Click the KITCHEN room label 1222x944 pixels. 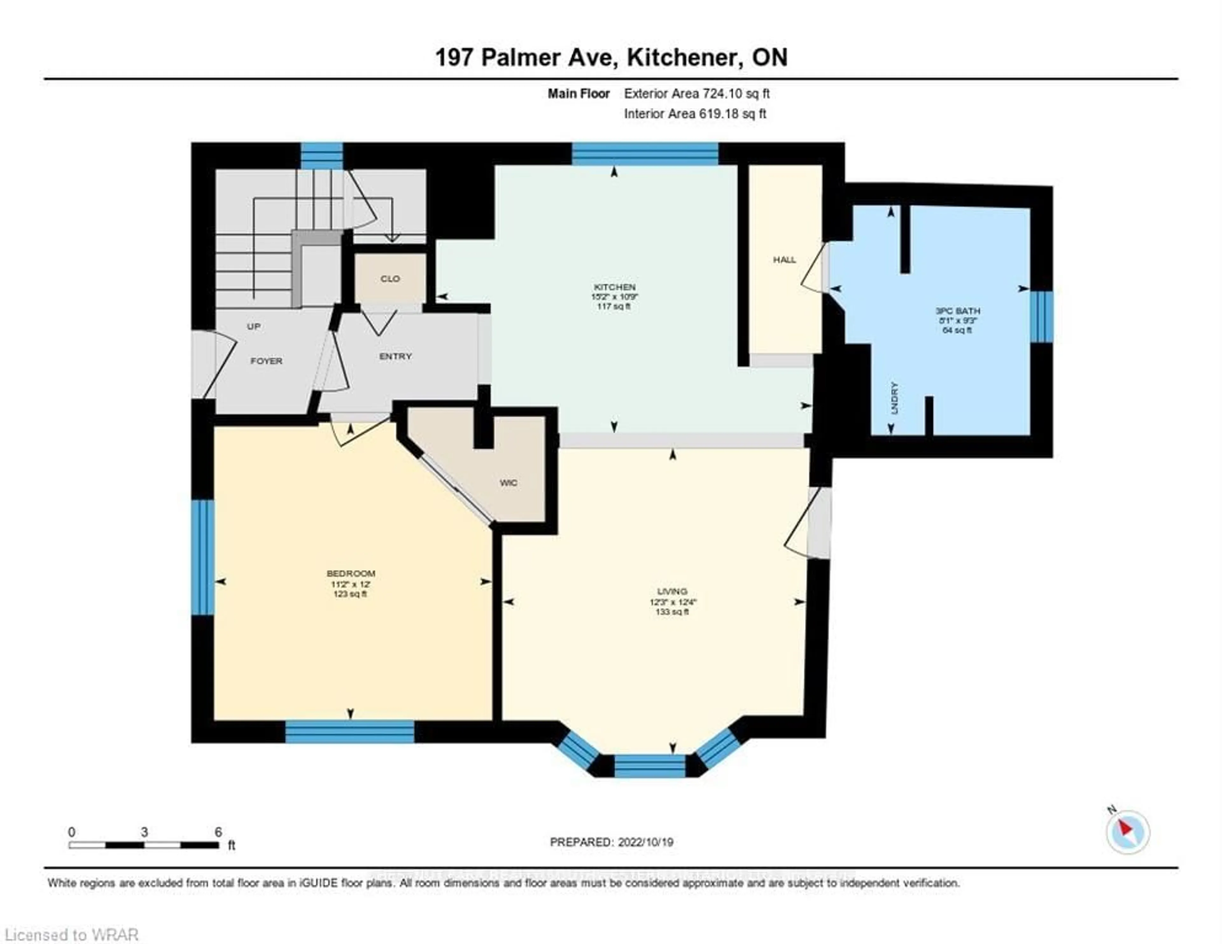615,287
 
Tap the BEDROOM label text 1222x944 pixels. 351,574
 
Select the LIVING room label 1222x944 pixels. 672,591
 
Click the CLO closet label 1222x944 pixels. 390,279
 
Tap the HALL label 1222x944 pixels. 784,260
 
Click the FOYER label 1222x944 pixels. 266,361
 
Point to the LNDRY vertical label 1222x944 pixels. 894,397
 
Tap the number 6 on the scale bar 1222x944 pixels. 218,832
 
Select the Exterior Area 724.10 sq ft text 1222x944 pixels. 697,94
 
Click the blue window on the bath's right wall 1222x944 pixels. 1041,316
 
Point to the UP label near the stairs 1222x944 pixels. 253,326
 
